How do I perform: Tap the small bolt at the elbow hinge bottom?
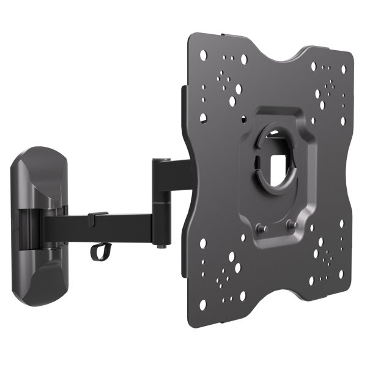tap(160, 245)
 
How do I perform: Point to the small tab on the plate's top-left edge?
tap(183, 92)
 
